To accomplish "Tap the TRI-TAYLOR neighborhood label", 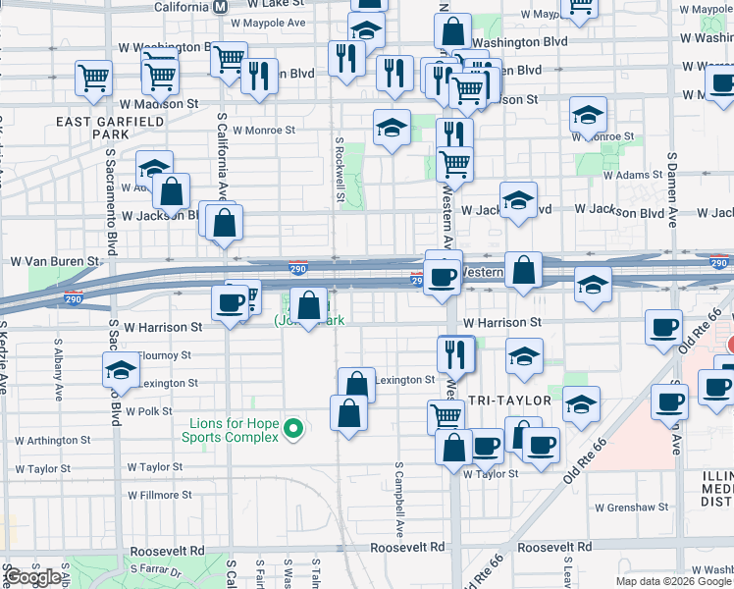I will [x=503, y=402].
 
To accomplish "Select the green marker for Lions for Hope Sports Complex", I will [x=290, y=429].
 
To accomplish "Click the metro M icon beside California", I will [x=221, y=6].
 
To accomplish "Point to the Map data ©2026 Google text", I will [x=673, y=581].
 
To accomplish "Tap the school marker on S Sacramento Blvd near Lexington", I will [x=121, y=370].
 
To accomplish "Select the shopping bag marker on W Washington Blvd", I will [x=452, y=32].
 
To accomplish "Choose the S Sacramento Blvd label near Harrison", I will [x=114, y=344].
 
